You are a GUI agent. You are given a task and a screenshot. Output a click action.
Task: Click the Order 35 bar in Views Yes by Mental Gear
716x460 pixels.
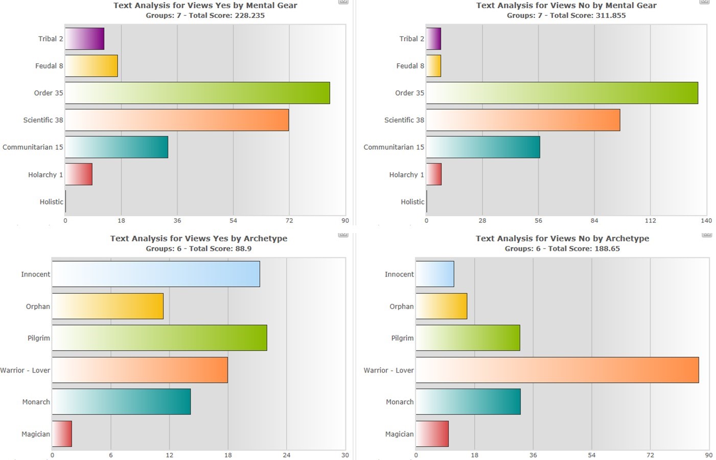197,93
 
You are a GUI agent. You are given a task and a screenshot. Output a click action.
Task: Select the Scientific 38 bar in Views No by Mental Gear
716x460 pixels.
523,120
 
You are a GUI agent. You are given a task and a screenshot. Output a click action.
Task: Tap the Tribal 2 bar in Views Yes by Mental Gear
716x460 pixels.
85,39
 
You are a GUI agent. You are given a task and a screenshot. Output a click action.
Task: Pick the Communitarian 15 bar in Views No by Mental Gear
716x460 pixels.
483,147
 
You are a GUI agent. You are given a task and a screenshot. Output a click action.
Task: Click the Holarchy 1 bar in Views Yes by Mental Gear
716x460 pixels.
79,174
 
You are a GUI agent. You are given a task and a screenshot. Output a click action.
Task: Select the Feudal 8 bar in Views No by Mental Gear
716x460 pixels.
433,66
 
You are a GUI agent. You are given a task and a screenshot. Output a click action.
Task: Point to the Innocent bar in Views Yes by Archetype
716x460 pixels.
156,274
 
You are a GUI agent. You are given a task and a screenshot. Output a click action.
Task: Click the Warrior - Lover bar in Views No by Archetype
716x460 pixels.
557,370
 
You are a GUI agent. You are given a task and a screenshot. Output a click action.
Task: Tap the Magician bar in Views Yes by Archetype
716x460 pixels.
62,434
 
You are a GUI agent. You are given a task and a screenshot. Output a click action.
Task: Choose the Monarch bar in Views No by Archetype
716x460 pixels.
468,402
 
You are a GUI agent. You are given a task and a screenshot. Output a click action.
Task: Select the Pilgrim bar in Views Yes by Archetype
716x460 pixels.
159,338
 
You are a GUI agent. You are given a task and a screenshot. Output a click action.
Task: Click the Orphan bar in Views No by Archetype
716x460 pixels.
442,306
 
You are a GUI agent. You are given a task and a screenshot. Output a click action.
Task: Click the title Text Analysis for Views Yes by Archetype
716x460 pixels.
199,238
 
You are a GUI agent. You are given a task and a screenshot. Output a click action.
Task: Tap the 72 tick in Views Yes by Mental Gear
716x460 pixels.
289,221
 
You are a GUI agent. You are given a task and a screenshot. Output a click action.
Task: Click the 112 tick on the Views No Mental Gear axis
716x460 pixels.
650,221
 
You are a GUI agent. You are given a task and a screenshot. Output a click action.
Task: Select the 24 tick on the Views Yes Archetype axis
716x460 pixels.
287,455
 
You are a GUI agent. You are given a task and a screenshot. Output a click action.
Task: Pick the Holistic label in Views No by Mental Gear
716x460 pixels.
412,202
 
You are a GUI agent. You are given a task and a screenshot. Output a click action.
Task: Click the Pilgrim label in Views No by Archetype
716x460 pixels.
402,338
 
